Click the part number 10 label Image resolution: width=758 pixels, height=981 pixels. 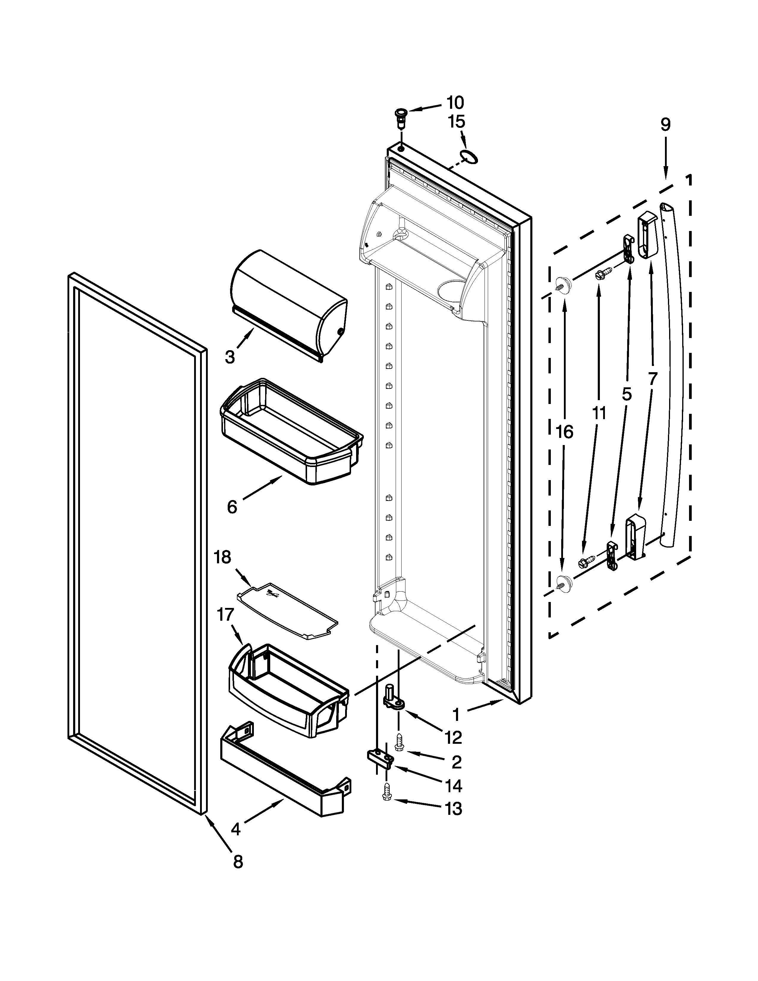tap(455, 103)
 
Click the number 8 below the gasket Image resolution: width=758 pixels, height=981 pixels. tap(238, 861)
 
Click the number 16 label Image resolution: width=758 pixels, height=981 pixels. tap(564, 432)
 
